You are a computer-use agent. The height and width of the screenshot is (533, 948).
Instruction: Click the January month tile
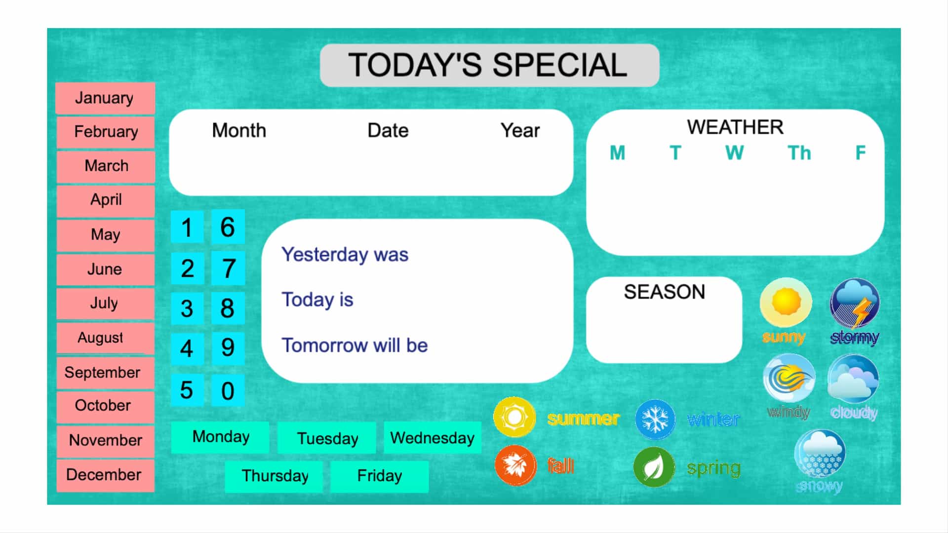(x=105, y=98)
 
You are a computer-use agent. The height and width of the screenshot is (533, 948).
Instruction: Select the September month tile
(x=105, y=373)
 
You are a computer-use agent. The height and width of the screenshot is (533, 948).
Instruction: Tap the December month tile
(x=105, y=475)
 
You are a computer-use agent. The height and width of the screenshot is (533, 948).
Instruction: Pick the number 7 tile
(x=228, y=268)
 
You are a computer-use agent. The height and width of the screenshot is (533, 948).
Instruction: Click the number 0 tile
(x=228, y=390)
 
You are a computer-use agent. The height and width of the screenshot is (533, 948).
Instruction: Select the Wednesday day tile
(x=433, y=438)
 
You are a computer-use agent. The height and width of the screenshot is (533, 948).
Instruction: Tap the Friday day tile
(x=379, y=476)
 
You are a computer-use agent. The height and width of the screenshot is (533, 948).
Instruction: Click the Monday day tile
(x=220, y=437)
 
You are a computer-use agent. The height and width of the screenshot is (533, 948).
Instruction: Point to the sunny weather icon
(x=786, y=302)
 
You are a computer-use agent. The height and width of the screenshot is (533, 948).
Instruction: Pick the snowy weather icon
(x=820, y=454)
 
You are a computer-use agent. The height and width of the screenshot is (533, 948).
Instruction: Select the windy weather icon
(x=789, y=379)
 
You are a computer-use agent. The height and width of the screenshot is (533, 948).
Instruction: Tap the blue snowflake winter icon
(x=655, y=419)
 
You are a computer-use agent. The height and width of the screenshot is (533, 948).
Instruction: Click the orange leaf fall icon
(x=515, y=465)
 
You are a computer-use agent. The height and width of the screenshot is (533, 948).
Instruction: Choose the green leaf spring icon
(x=654, y=467)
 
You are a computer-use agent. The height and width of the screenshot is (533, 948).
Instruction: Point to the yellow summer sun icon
(x=514, y=417)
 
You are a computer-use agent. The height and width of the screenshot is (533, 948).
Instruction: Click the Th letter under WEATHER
(x=799, y=153)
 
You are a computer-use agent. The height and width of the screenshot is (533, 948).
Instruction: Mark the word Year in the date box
(x=520, y=131)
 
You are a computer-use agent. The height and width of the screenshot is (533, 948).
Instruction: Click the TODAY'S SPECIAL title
(x=488, y=65)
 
